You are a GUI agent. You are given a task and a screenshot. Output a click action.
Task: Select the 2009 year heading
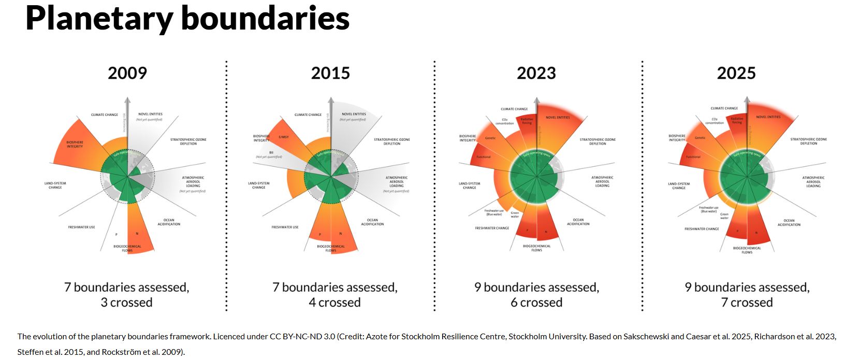click(x=127, y=73)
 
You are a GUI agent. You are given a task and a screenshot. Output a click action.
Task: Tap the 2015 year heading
click(x=330, y=73)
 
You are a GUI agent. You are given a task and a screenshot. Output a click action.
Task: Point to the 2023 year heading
click(x=536, y=73)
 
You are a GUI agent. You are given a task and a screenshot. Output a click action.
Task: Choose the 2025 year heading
click(x=736, y=73)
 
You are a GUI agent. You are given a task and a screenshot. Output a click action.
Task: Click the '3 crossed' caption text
click(x=126, y=303)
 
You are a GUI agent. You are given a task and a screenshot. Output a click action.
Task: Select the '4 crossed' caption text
click(x=334, y=303)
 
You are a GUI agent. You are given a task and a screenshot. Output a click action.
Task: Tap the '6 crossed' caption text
click(x=536, y=303)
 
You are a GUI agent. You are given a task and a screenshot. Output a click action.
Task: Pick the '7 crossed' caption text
click(x=747, y=303)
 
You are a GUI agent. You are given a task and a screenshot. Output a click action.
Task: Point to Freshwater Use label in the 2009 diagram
click(x=81, y=227)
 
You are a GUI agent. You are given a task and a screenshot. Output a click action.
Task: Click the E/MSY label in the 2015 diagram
click(x=284, y=137)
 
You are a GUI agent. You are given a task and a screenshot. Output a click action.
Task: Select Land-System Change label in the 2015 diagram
click(x=258, y=185)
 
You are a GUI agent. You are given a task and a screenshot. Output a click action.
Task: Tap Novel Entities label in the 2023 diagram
click(x=558, y=118)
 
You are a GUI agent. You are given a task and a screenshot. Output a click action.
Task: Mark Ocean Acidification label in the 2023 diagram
click(x=578, y=222)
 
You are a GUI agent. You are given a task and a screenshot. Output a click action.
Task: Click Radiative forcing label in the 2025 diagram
click(x=737, y=121)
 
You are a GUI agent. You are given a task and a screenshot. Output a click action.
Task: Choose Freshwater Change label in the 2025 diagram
click(x=702, y=229)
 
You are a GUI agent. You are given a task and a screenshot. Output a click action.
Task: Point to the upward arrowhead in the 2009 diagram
click(x=125, y=100)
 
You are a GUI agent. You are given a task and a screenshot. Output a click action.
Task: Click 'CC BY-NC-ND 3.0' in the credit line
click(x=302, y=337)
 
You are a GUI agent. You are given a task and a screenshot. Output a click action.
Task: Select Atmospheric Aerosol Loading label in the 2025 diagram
click(x=813, y=182)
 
